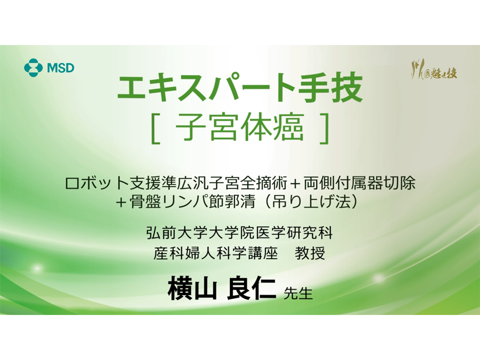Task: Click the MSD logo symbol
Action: (x=33, y=67)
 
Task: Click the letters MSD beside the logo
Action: (x=60, y=68)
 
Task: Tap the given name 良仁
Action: (x=251, y=288)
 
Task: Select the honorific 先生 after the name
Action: (x=298, y=293)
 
